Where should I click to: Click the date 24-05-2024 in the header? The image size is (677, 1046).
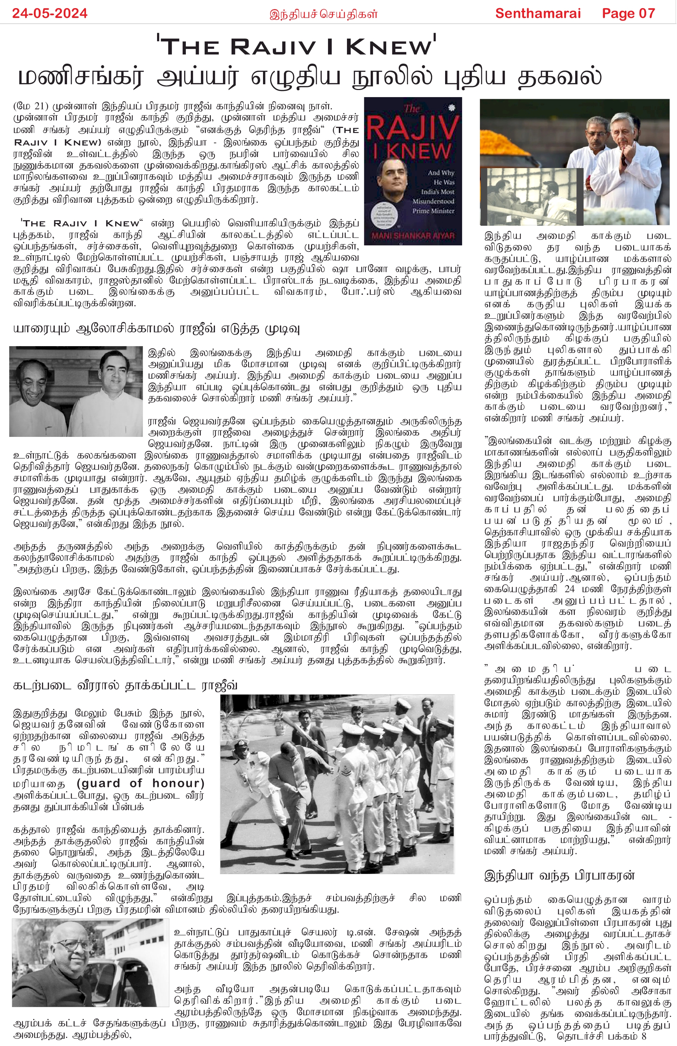click(50, 13)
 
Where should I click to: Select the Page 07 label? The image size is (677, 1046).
click(628, 13)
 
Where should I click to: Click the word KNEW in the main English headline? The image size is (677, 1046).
click(389, 47)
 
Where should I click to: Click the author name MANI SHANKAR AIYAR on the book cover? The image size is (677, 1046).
click(413, 236)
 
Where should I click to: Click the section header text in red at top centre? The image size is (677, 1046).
click(323, 14)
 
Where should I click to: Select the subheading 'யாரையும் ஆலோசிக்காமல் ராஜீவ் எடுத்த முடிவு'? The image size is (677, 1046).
click(156, 329)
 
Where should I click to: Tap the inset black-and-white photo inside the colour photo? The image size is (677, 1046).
click(532, 197)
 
